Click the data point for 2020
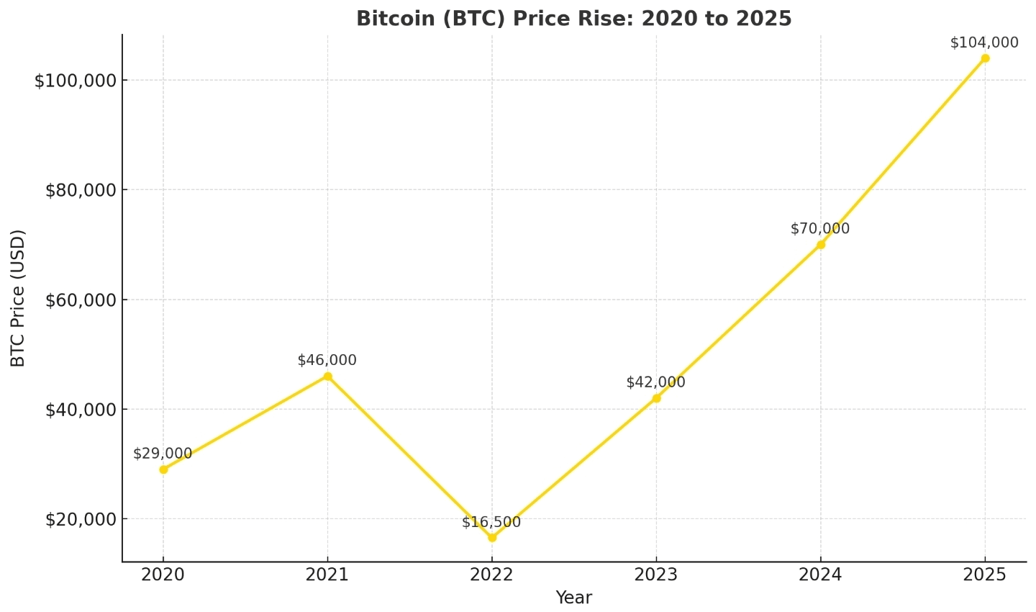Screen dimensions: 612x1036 163,469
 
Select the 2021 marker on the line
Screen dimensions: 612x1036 327,376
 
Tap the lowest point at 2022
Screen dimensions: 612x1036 492,538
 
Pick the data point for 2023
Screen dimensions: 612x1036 656,398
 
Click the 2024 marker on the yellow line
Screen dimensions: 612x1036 821,244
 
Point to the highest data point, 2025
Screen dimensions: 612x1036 985,58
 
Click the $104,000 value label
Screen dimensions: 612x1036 984,42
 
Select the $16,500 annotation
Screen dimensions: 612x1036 491,522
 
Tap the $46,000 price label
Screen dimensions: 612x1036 327,360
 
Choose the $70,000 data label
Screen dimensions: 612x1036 819,229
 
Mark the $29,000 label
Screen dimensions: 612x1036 163,454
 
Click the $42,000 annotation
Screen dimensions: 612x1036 655,382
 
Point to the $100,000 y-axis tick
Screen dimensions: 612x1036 76,81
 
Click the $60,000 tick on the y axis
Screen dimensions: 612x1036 81,300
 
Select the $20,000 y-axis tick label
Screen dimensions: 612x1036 81,520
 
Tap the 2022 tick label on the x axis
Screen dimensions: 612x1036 492,575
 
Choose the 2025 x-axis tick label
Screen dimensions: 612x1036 985,575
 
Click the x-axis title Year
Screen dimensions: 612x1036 573,598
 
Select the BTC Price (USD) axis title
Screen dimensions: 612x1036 18,298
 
